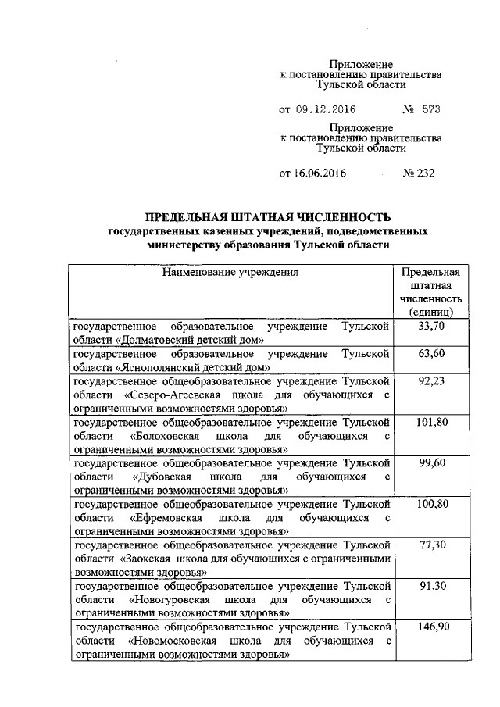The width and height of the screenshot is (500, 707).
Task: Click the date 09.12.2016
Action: click(x=327, y=109)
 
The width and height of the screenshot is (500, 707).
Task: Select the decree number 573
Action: click(x=431, y=109)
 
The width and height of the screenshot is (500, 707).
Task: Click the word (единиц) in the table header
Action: click(x=430, y=312)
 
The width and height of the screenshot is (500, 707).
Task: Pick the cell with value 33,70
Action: click(x=430, y=326)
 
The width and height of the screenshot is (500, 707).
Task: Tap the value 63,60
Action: click(x=430, y=353)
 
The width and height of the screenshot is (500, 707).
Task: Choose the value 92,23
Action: click(x=430, y=380)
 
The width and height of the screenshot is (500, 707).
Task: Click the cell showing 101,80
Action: click(x=430, y=422)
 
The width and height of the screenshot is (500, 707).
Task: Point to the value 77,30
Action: click(x=430, y=545)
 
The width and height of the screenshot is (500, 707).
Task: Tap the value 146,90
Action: click(x=430, y=627)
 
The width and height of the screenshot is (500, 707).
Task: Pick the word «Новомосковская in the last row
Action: click(x=173, y=641)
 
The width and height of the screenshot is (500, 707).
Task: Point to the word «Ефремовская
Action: click(x=169, y=517)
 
